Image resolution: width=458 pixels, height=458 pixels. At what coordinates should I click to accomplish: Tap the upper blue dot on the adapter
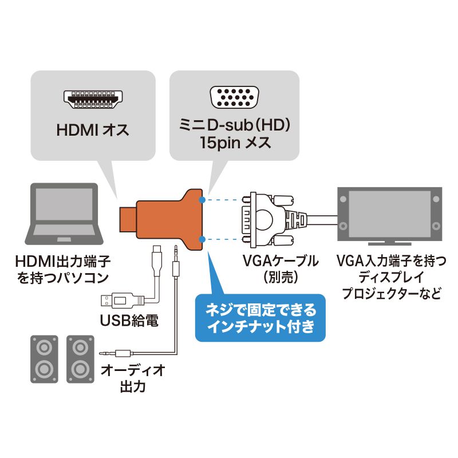[x=203, y=200]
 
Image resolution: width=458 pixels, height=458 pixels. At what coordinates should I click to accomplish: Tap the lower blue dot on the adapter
[x=203, y=236]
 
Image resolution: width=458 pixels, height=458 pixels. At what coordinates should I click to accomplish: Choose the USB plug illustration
[x=120, y=299]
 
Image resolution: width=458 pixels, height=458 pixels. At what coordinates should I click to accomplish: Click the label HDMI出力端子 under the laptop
[x=63, y=263]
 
